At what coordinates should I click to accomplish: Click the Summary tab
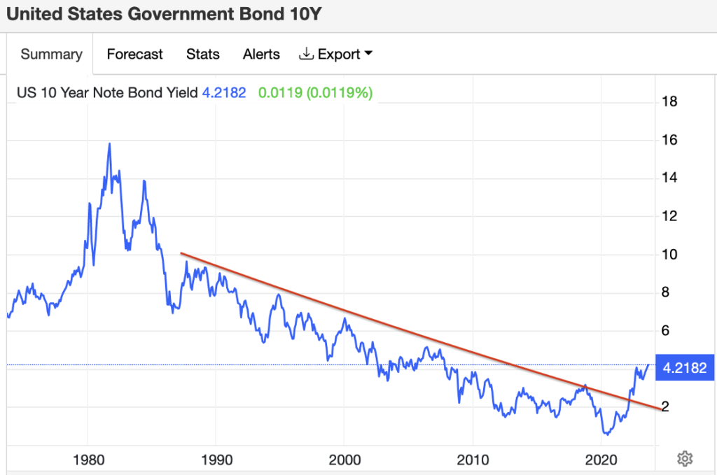[x=51, y=55]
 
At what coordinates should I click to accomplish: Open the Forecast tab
[x=134, y=55]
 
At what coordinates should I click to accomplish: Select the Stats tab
[x=203, y=55]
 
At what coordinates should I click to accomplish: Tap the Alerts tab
[x=261, y=55]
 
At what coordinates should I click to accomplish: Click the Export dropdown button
[x=335, y=55]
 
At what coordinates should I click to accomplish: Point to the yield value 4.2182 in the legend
[x=224, y=92]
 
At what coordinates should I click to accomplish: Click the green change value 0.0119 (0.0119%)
[x=315, y=92]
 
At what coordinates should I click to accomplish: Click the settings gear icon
[x=685, y=459]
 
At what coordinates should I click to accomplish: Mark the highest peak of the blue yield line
[x=110, y=143]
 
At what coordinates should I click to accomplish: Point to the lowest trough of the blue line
[x=606, y=434]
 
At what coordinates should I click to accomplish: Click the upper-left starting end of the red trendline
[x=181, y=253]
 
